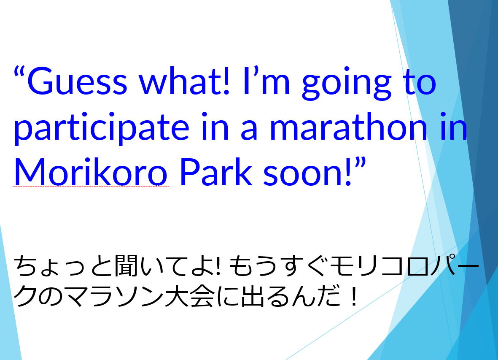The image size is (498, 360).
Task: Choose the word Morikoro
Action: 90,172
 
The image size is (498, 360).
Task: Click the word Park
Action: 215,172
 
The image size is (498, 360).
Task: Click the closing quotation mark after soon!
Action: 360,162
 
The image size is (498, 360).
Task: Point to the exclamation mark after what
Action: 226,81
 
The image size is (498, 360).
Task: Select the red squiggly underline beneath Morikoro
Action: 91,187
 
